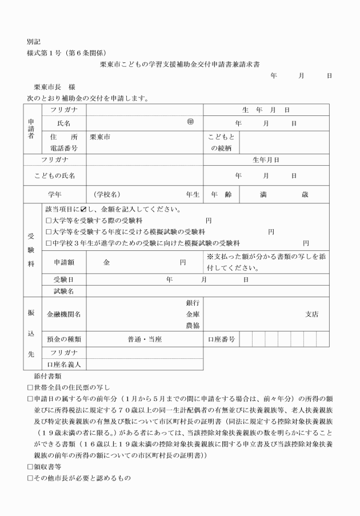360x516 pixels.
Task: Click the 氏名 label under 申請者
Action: click(x=64, y=123)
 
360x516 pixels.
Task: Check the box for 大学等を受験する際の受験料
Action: click(x=49, y=220)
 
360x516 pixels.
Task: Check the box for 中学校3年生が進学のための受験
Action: click(x=49, y=243)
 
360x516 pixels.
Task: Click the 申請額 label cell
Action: click(x=64, y=262)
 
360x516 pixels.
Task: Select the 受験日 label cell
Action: click(x=64, y=280)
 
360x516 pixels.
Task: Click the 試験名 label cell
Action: click(x=64, y=291)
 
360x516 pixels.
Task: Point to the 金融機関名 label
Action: click(x=64, y=314)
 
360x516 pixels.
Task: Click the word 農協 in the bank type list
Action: click(x=192, y=325)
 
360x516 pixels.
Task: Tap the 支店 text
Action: click(x=311, y=314)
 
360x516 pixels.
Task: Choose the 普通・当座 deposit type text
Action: click(x=145, y=339)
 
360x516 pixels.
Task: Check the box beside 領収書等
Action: click(x=30, y=466)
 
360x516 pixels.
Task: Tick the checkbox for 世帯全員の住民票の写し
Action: click(x=30, y=387)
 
